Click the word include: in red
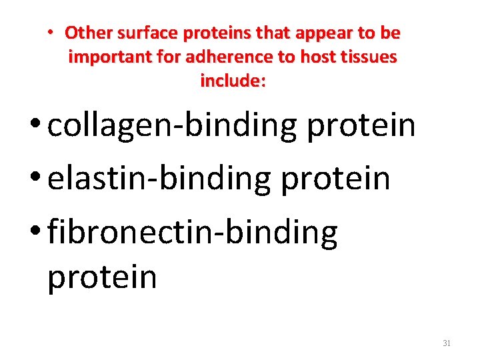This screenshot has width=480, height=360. [x=233, y=81]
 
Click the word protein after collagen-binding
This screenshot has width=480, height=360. [x=361, y=126]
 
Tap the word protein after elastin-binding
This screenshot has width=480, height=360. [x=335, y=179]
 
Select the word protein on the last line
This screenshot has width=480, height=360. [x=101, y=277]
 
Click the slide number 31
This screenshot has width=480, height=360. [x=447, y=343]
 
